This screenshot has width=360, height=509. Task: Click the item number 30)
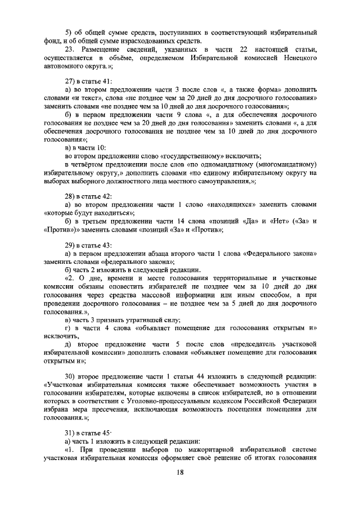70,375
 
